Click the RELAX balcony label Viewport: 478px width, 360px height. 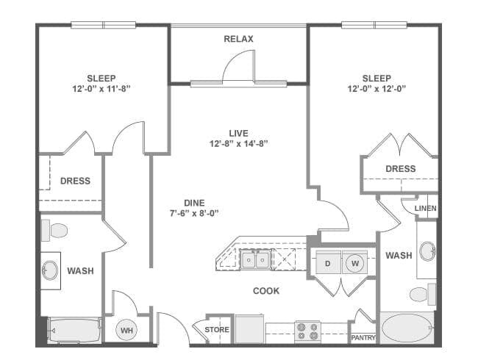coord(238,39)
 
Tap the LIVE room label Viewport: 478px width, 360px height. coord(238,134)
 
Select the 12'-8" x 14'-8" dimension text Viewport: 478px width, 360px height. coord(238,143)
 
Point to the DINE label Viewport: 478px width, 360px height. coord(194,203)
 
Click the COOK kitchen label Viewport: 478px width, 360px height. coord(266,291)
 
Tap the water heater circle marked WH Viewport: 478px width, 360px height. coord(126,330)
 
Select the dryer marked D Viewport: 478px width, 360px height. coord(328,262)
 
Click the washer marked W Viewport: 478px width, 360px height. coord(355,262)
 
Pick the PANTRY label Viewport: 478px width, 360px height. coord(363,338)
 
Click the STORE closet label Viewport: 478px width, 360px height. coord(217,330)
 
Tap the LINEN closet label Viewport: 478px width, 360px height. coord(426,209)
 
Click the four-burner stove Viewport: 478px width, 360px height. coord(307,331)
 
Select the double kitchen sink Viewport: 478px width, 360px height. coord(255,260)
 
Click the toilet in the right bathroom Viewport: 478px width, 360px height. coord(423,294)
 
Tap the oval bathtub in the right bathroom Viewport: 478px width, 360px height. coord(407,328)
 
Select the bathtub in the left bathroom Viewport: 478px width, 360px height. coord(75,330)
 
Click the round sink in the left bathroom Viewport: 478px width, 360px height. coord(50,270)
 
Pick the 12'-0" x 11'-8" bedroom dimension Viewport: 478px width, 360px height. coord(101,89)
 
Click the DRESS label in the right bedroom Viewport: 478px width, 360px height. coord(401,169)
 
